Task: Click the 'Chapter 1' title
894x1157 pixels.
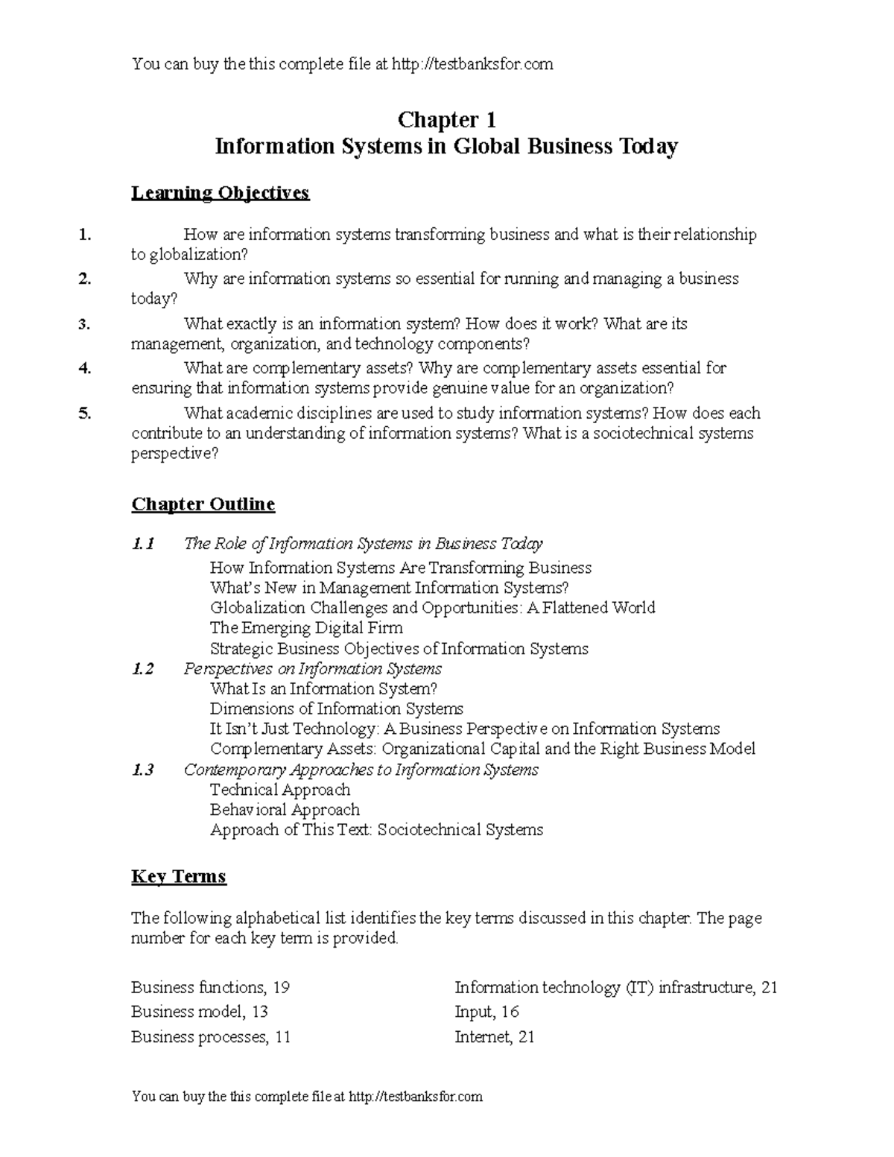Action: (446, 120)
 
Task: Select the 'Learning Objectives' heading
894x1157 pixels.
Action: (220, 193)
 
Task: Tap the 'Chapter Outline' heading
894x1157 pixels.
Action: (203, 504)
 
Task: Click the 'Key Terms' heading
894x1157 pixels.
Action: (178, 876)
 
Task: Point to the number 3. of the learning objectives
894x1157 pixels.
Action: (84, 324)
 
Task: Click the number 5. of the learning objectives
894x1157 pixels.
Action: (84, 413)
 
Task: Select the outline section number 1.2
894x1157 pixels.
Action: (142, 669)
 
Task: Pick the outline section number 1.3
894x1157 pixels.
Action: (142, 770)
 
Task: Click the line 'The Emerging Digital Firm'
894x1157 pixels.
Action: (306, 628)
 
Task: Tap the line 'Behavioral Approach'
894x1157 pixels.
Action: (285, 810)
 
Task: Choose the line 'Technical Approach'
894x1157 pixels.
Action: (280, 790)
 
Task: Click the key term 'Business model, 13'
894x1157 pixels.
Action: (199, 1012)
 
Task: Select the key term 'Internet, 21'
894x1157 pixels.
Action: (494, 1037)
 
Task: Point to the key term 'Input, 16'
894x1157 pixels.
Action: (486, 1012)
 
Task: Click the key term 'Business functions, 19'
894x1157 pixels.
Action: (210, 988)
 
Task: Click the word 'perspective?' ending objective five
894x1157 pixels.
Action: (175, 454)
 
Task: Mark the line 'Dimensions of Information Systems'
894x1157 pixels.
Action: (336, 709)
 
